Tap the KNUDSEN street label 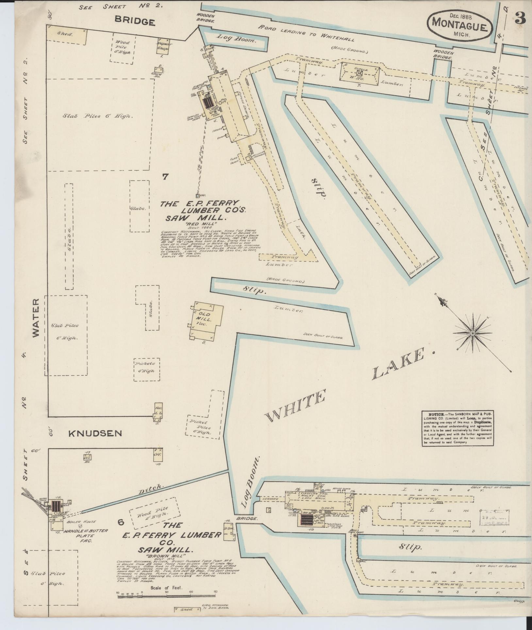[95, 433]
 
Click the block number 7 [165, 177]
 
